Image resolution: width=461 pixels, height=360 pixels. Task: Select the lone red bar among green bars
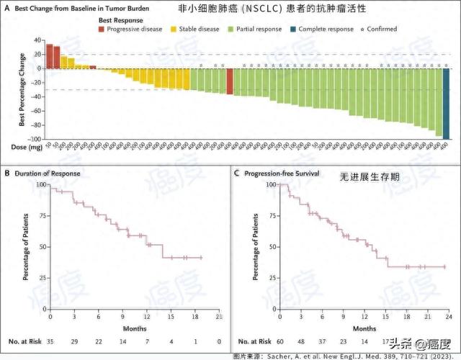pos(230,81)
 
